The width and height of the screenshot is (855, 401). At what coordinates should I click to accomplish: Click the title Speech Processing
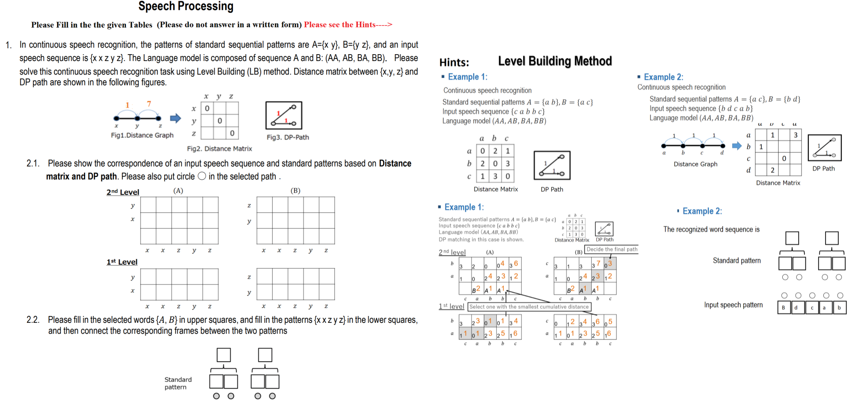coord(186,6)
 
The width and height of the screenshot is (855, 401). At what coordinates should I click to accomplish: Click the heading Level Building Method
coord(555,61)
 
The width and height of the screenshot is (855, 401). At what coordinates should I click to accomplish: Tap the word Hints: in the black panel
coord(454,62)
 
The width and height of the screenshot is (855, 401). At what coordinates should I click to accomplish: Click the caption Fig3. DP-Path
coord(288,137)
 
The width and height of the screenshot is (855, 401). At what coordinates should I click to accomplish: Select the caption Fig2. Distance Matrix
coord(219,149)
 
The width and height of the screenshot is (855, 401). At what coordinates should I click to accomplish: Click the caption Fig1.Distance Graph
coord(142,135)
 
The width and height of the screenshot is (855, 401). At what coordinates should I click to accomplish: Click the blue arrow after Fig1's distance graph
coord(175,118)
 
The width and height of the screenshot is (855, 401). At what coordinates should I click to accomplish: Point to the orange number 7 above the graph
coord(149,104)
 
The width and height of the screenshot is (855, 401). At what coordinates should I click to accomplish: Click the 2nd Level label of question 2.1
coord(123,192)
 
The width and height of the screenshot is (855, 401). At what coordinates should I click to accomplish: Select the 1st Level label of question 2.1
coord(122,262)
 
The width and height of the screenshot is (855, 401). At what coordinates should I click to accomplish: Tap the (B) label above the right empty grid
coord(295,190)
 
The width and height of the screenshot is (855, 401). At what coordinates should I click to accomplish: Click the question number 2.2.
coord(33,319)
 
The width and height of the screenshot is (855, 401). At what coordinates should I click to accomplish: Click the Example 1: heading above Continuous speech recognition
coord(467,77)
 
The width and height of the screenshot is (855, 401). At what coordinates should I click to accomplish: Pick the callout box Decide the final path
coord(612,249)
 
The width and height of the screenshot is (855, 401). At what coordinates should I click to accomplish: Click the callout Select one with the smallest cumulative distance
coord(529,307)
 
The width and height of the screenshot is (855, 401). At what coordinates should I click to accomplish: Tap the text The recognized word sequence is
coord(711,229)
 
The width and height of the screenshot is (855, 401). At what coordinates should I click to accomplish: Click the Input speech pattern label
coord(733,305)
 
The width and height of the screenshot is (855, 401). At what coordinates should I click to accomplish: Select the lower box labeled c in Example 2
coord(812,307)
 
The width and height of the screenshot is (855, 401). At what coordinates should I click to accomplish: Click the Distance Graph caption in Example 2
coord(695,164)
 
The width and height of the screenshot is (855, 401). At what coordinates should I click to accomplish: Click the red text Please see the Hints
coord(348,24)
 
